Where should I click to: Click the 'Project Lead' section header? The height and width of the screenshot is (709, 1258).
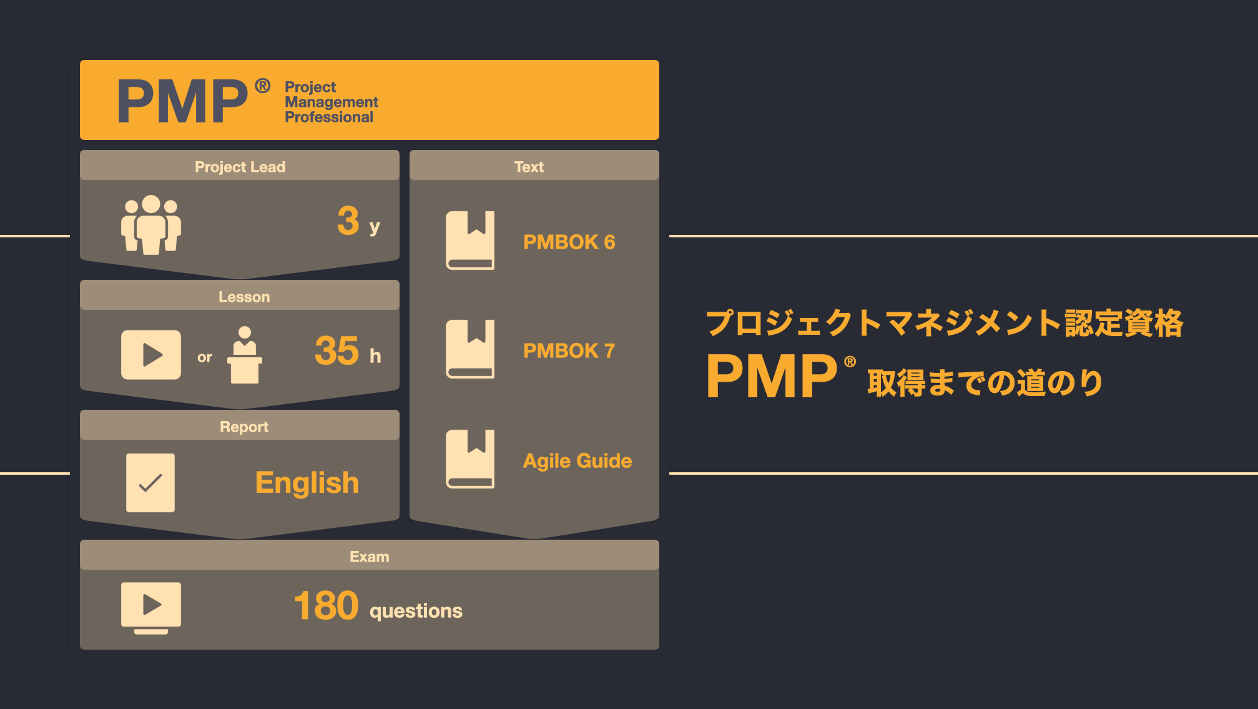(240, 166)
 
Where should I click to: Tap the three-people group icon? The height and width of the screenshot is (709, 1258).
(151, 225)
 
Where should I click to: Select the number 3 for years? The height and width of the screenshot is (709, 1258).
(348, 221)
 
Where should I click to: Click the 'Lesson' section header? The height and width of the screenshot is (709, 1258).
(244, 296)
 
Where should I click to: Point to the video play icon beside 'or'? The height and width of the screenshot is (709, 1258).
(151, 355)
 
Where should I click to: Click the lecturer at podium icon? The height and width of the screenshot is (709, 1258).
(245, 355)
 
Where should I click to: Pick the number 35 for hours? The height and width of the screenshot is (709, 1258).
(337, 350)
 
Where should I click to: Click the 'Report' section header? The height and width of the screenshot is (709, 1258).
(244, 426)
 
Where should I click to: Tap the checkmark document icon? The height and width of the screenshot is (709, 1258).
(150, 483)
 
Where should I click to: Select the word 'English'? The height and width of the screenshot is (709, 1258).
(307, 483)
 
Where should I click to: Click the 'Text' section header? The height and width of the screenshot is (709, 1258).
(529, 166)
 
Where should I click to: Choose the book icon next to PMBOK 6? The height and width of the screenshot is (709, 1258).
(470, 240)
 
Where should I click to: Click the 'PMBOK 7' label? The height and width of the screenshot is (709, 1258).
(569, 350)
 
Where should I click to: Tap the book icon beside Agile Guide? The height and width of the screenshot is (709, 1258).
(470, 459)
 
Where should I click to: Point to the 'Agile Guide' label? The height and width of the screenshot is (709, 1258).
(577, 460)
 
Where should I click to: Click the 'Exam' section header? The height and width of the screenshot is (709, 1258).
(370, 556)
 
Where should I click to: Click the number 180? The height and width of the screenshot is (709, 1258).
(326, 605)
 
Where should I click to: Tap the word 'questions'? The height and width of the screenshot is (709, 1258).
(416, 610)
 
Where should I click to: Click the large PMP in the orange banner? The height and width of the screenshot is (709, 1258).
(182, 101)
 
